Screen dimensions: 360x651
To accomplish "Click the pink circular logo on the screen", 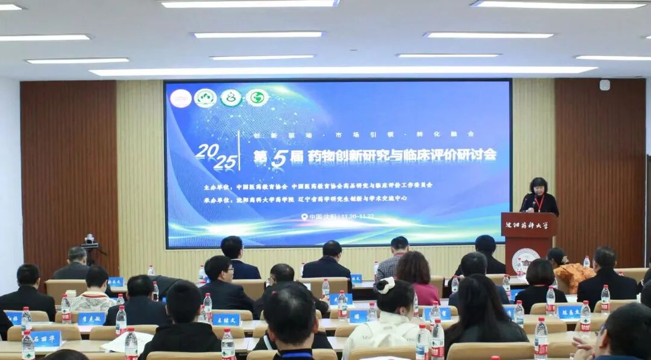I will click(x=180, y=98).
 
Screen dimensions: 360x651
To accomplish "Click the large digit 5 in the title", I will click(x=278, y=158).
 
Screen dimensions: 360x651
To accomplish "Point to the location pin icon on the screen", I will click(x=304, y=216).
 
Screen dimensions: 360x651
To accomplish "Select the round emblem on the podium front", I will click(x=525, y=259).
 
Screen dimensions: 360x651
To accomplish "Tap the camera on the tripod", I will click(x=90, y=241).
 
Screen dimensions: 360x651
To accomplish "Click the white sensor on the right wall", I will click(x=604, y=85).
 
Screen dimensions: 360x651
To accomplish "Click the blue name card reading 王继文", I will click(x=226, y=319).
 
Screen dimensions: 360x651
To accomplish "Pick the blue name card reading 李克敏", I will click(x=91, y=318).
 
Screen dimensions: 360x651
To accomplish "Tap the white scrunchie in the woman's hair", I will click(x=385, y=285).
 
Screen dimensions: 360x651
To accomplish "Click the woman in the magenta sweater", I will click(x=417, y=277).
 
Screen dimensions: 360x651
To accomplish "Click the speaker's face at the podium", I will click(x=538, y=186).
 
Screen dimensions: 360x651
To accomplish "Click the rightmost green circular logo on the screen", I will click(x=257, y=97).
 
